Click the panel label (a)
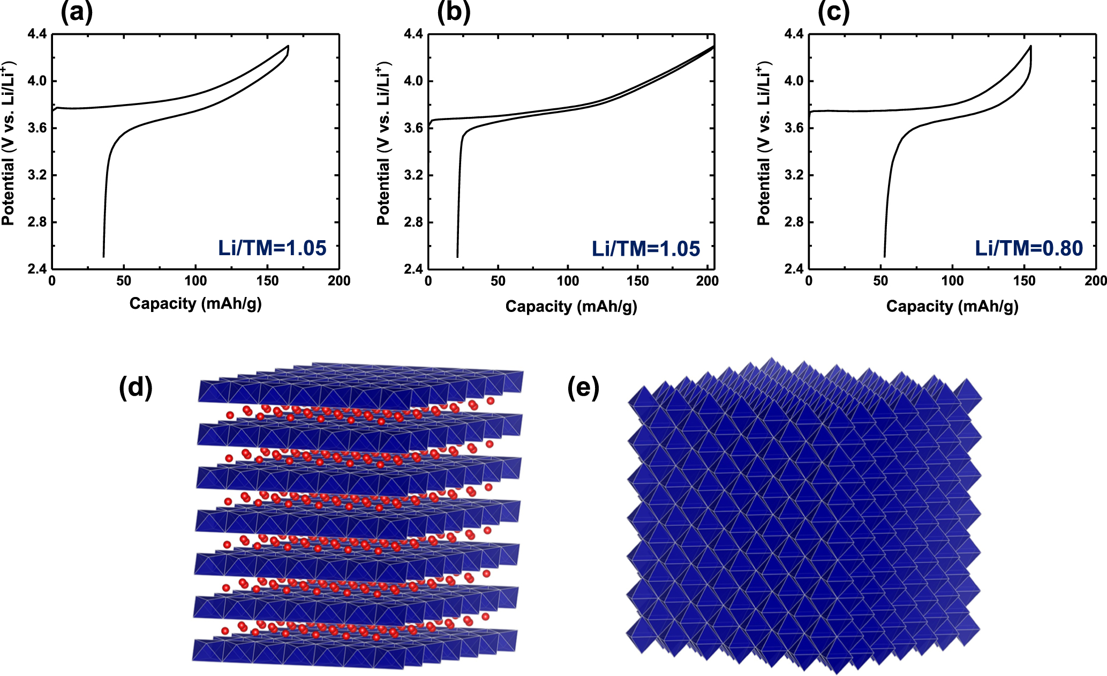point(77,12)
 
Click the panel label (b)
point(453,12)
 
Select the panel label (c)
point(833,12)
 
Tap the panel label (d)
point(135,387)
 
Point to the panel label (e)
point(583,387)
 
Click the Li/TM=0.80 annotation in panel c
point(1028,248)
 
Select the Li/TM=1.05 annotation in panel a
point(272,248)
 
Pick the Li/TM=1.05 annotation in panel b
point(646,249)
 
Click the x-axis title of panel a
point(195,303)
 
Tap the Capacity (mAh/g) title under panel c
point(952,306)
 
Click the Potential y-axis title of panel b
point(383,145)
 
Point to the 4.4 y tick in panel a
point(37,34)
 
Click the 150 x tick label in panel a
point(267,281)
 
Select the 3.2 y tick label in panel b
point(413,175)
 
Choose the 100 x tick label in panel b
point(568,281)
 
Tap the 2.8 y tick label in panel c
point(794,222)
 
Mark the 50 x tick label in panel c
point(880,281)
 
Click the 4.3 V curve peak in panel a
point(288,46)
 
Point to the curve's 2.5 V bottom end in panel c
point(884,256)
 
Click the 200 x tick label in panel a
point(339,281)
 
